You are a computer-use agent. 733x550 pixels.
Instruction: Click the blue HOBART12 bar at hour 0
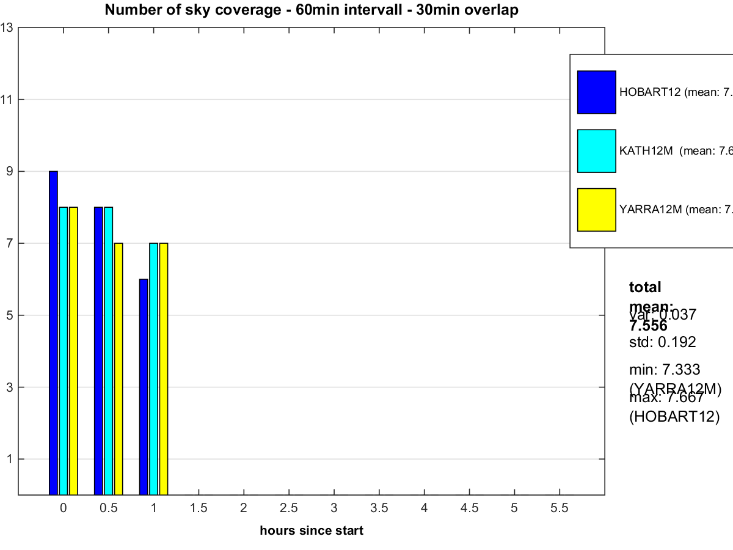pyautogui.click(x=53, y=333)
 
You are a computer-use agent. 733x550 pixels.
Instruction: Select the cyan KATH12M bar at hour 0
pyautogui.click(x=63, y=351)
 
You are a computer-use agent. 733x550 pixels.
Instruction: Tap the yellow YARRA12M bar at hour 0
pyautogui.click(x=73, y=351)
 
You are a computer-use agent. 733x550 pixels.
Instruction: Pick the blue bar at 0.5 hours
pyautogui.click(x=98, y=351)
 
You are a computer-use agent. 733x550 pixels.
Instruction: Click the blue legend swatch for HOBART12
pyautogui.click(x=596, y=92)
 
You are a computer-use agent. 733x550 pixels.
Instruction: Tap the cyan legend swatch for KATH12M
pyautogui.click(x=596, y=151)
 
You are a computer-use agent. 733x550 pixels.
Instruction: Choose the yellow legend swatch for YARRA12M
pyautogui.click(x=596, y=210)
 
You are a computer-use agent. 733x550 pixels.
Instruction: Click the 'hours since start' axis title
pyautogui.click(x=312, y=530)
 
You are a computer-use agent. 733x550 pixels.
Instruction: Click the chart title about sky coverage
pyautogui.click(x=312, y=10)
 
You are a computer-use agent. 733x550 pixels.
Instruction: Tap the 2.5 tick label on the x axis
pyautogui.click(x=288, y=508)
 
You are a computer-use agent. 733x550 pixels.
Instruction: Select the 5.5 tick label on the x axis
pyautogui.click(x=559, y=508)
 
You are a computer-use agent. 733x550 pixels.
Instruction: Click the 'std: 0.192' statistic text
pyautogui.click(x=662, y=342)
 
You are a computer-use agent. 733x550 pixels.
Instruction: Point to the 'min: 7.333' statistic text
pyautogui.click(x=665, y=369)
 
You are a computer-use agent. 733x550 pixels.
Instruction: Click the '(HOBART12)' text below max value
pyautogui.click(x=674, y=417)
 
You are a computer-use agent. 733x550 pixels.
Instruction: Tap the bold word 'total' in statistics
pyautogui.click(x=645, y=287)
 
